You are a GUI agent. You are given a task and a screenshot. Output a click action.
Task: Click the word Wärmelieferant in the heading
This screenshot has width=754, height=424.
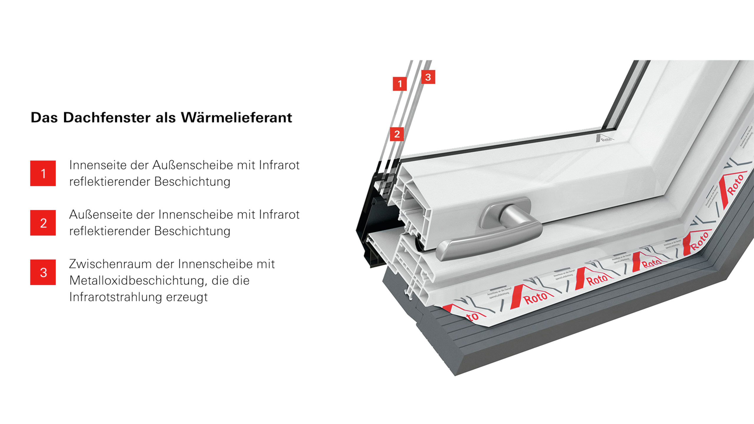(x=236, y=117)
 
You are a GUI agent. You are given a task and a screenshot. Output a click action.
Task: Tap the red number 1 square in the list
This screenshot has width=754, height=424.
(x=43, y=173)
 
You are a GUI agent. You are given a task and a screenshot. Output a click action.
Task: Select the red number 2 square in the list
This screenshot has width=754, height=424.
(x=43, y=223)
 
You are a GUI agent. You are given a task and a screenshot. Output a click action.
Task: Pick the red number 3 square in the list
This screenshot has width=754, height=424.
(x=43, y=272)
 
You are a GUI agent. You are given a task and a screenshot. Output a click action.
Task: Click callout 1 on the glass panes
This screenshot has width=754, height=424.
(x=400, y=84)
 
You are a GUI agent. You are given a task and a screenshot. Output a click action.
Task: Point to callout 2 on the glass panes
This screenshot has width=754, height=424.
(x=397, y=134)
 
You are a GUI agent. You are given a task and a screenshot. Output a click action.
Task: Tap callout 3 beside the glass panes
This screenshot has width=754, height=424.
(x=428, y=77)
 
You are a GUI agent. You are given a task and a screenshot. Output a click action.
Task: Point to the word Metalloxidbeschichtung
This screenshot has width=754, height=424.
(x=138, y=281)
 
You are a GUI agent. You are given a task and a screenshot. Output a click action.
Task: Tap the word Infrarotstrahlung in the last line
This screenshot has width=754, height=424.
(x=116, y=297)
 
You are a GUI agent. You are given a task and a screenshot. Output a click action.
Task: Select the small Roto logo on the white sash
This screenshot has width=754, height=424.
(x=605, y=138)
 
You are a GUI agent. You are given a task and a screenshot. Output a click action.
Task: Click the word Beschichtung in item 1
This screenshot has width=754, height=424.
(x=192, y=182)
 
